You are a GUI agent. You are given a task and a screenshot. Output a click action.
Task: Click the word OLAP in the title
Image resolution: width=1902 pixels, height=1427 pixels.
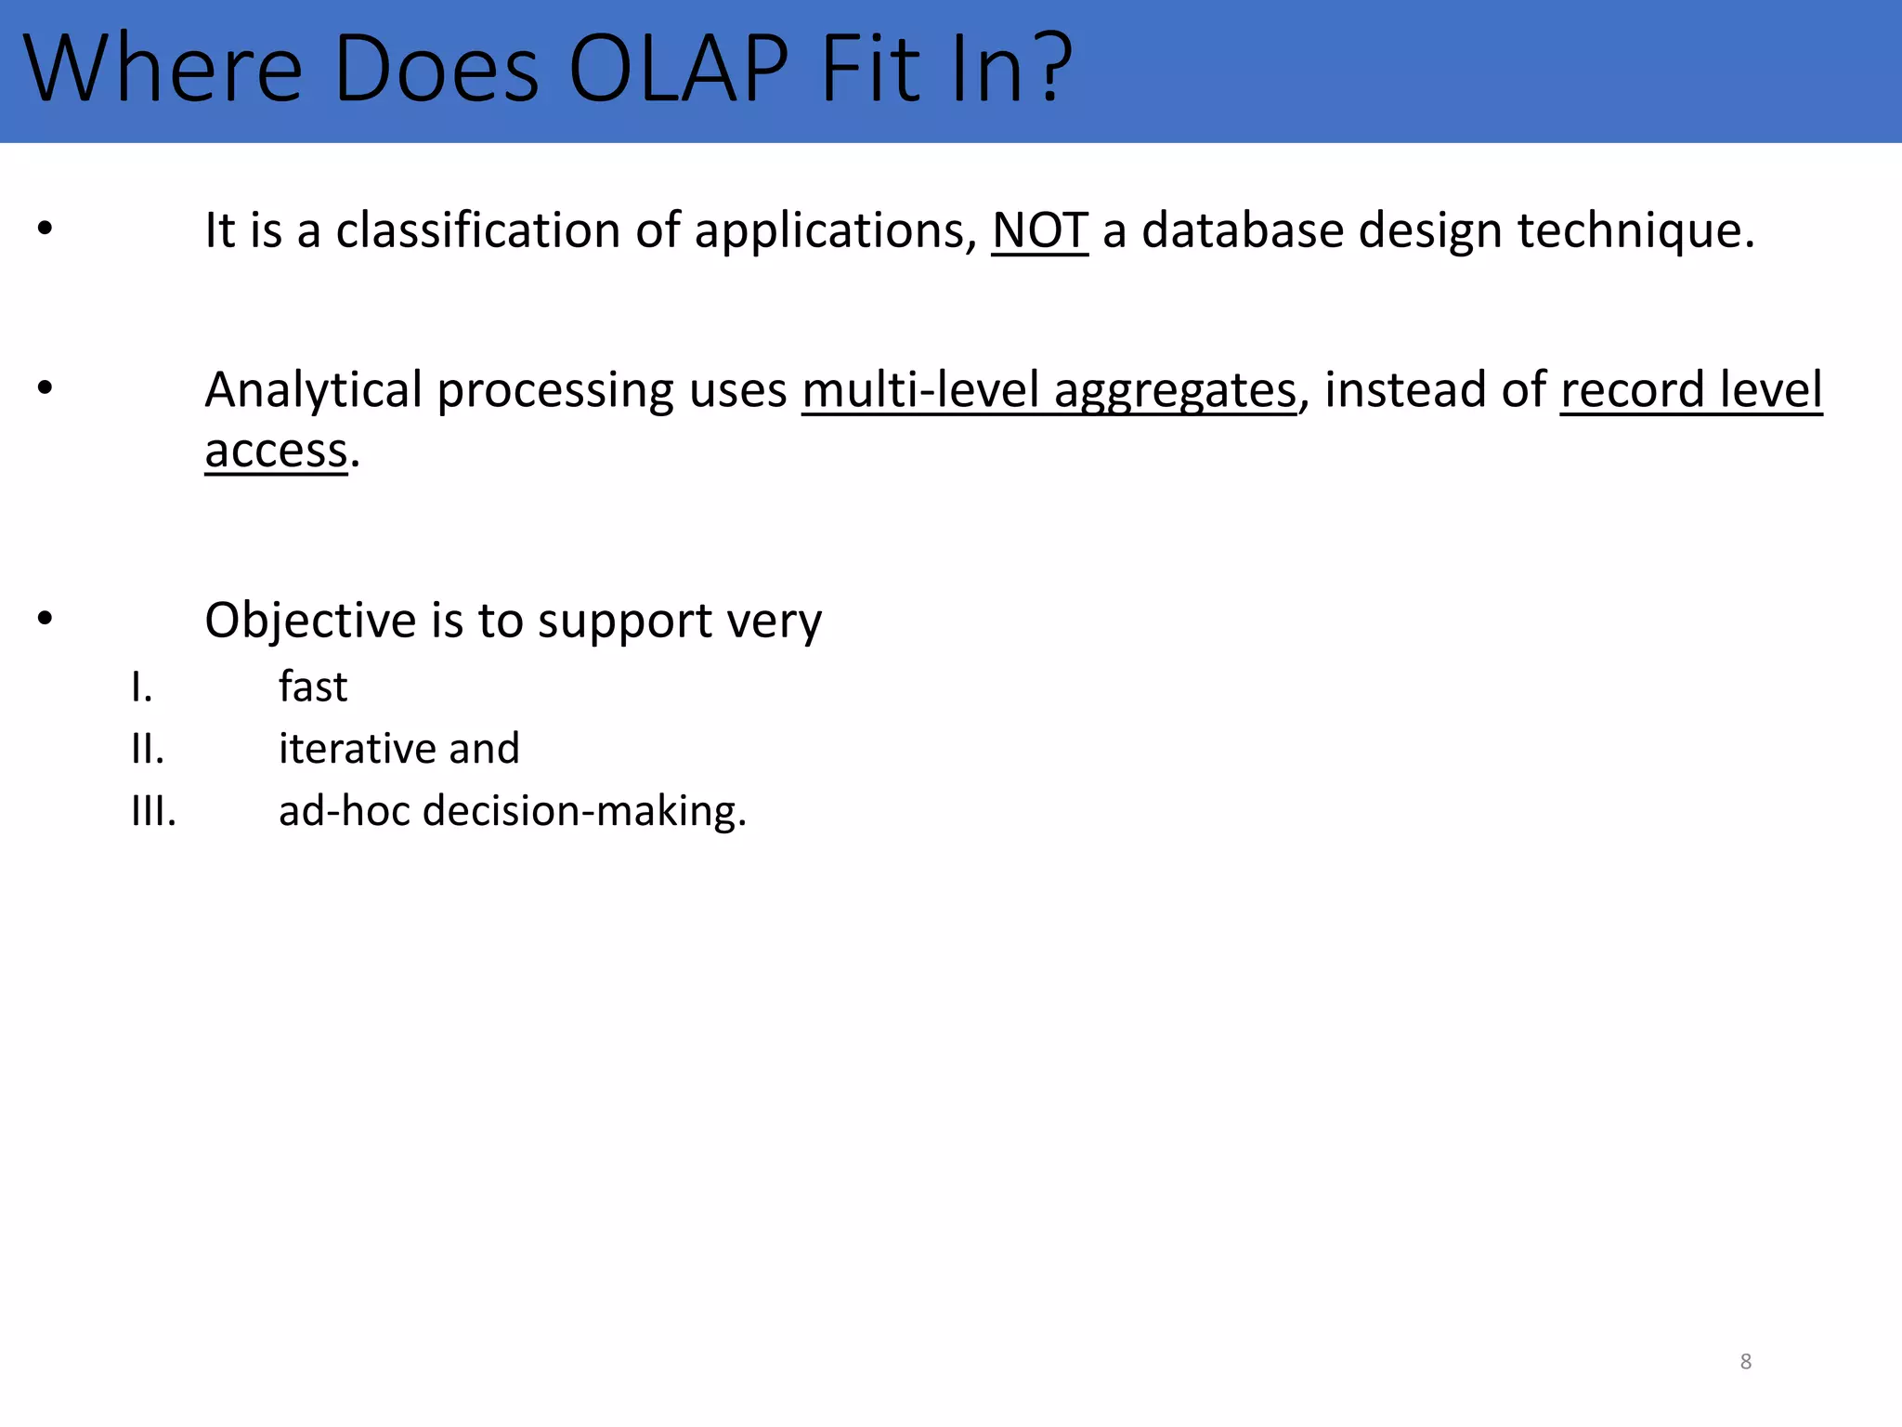(678, 69)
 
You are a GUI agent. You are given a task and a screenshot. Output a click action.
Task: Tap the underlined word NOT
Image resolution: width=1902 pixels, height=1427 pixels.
(1039, 230)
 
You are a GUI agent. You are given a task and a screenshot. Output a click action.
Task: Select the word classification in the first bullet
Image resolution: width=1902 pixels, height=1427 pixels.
(477, 230)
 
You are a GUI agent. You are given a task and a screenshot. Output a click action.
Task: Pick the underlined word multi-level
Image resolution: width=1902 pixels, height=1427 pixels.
(919, 390)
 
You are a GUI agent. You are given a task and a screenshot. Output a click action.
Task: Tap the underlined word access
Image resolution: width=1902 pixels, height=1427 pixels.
(276, 452)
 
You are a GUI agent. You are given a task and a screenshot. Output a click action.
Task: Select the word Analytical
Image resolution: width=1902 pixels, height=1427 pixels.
(313, 390)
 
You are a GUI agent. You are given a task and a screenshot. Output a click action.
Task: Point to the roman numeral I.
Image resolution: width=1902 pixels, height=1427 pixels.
(141, 688)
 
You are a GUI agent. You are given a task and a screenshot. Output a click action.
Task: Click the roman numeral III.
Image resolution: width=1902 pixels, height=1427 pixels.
(153, 812)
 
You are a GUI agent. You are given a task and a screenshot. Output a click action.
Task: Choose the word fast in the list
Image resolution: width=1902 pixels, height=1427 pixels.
(313, 687)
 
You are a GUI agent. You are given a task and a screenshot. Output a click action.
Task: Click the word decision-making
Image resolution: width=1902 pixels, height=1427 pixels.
(584, 812)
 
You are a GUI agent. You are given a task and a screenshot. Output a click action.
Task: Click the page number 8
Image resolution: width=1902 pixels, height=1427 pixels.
(1745, 1362)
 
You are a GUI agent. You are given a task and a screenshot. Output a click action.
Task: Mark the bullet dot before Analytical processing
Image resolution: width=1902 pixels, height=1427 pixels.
(45, 388)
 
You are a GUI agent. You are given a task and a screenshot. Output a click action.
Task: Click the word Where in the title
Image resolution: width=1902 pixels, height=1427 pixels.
(163, 69)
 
